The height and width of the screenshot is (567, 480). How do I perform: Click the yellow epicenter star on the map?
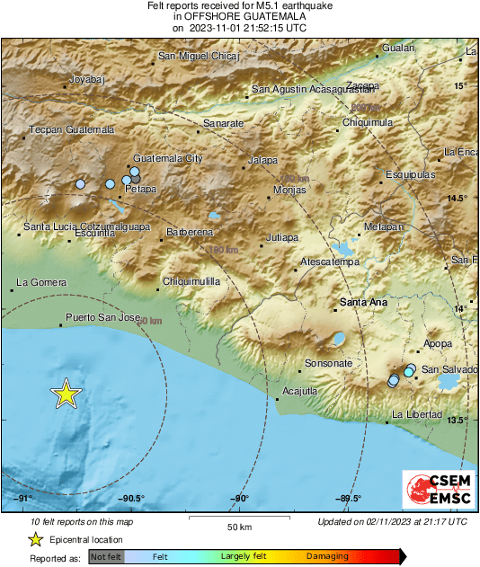point(66,394)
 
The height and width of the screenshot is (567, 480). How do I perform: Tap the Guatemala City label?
point(168,157)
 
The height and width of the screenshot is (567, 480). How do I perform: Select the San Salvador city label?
point(446,369)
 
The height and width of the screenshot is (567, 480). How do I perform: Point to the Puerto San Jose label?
point(103,318)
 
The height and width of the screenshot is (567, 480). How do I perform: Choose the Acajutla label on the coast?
point(299,392)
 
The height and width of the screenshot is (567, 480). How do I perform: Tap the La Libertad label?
point(417,414)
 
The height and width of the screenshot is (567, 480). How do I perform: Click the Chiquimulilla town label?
point(191,281)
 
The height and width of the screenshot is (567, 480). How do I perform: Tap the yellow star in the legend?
point(35,540)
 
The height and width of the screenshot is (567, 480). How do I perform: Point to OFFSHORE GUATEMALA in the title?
point(238,16)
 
